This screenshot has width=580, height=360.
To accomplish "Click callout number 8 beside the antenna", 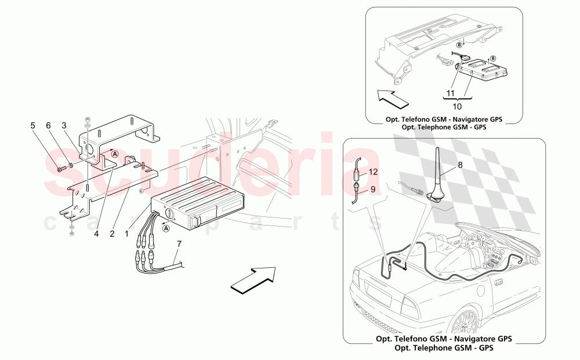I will point(460,164).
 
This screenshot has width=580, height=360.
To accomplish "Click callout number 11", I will point(450,92).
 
